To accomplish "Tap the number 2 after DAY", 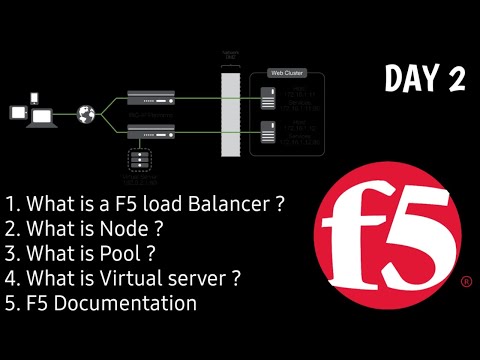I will pos(456,81).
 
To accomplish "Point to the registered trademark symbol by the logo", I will pos(466,283).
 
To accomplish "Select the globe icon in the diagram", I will pos(86,112).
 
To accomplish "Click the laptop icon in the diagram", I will pos(41,118).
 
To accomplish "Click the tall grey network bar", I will pos(232,110).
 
